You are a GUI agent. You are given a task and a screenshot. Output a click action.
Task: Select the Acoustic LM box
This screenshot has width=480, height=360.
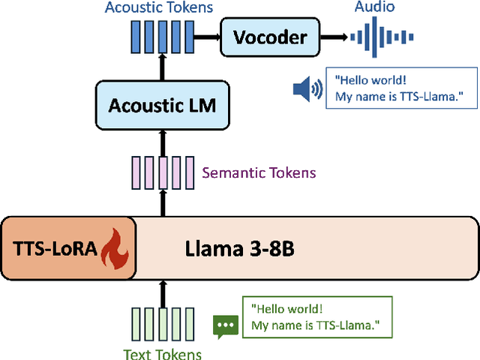[x=162, y=105]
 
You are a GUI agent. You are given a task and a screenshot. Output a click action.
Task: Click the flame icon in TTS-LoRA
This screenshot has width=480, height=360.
[x=115, y=250]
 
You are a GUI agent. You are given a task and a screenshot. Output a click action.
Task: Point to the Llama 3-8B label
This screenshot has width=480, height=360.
[x=239, y=249]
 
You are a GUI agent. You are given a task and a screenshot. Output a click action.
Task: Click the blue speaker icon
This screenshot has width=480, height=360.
[x=307, y=90]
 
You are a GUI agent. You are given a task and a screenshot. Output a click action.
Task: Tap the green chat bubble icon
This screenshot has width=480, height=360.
[x=225, y=325]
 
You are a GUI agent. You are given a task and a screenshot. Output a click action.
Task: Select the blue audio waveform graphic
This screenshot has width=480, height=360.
[x=385, y=37]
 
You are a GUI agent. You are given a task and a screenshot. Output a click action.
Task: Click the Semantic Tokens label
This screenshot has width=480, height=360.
[x=259, y=173]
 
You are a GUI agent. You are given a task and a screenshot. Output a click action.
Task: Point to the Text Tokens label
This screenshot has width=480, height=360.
[x=163, y=352]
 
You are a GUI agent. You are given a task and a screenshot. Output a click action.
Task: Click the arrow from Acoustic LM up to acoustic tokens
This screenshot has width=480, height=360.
[x=162, y=69]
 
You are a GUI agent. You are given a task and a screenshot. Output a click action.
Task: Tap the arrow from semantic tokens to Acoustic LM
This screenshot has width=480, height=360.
[x=162, y=141]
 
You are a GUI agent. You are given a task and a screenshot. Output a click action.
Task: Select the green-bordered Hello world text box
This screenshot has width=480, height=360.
[x=316, y=316]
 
